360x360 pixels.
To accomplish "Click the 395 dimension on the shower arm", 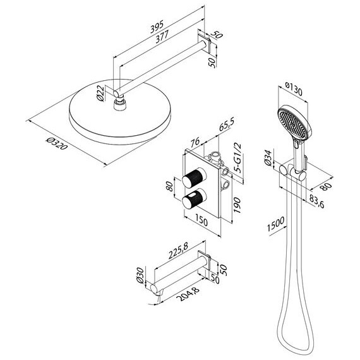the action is click(x=157, y=27).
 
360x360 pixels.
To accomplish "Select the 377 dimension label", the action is click(x=162, y=37).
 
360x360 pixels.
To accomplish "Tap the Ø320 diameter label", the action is click(x=57, y=143).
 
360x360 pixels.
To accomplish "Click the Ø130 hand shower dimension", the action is click(x=294, y=88).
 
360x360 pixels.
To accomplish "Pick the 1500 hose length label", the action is click(x=276, y=224).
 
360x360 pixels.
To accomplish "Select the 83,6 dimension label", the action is click(x=317, y=201).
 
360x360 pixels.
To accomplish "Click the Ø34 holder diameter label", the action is click(x=268, y=157).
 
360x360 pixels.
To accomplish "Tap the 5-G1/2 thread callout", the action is click(x=237, y=157).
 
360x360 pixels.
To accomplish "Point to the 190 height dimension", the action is click(x=237, y=205).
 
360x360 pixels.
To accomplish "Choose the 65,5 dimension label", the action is click(x=226, y=125).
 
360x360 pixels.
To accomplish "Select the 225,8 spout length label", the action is click(x=178, y=251).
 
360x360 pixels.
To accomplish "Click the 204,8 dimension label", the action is click(x=188, y=294).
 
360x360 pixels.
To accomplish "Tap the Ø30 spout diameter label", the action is click(x=140, y=275).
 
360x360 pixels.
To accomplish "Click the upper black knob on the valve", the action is click(x=194, y=178).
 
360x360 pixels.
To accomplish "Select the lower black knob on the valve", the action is click(x=194, y=198).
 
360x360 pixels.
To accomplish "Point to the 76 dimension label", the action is click(x=195, y=142).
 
